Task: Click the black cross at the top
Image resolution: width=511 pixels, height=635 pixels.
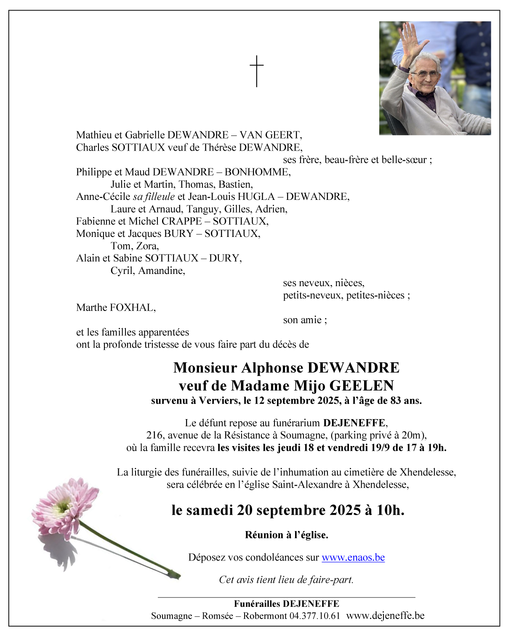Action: point(256,71)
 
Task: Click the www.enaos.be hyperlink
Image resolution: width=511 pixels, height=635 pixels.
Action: point(353,557)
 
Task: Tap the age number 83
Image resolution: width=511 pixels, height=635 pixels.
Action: point(396,401)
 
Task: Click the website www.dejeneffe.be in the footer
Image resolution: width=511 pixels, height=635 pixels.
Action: point(385,616)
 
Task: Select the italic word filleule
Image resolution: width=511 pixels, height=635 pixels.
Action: point(160,197)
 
